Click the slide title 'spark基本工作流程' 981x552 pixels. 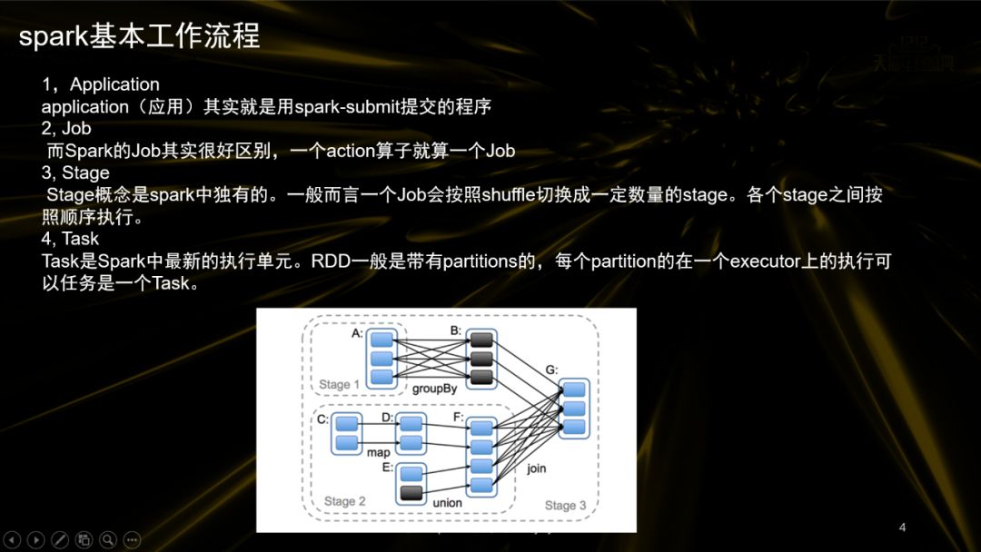(139, 36)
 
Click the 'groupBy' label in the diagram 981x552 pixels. (434, 389)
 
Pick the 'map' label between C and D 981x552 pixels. (378, 451)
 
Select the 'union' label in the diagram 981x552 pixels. (447, 502)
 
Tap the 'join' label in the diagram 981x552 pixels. (536, 468)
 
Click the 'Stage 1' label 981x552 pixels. (339, 384)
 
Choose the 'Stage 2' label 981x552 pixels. (345, 501)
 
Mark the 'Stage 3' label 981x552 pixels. (565, 505)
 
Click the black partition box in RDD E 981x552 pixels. (412, 494)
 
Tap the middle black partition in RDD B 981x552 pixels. (481, 359)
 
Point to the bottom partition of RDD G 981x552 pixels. (574, 427)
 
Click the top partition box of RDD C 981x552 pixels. (346, 424)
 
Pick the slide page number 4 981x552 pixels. (902, 527)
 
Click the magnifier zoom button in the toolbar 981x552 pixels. (108, 539)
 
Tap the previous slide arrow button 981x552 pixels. (13, 539)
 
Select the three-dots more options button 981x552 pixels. (132, 539)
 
